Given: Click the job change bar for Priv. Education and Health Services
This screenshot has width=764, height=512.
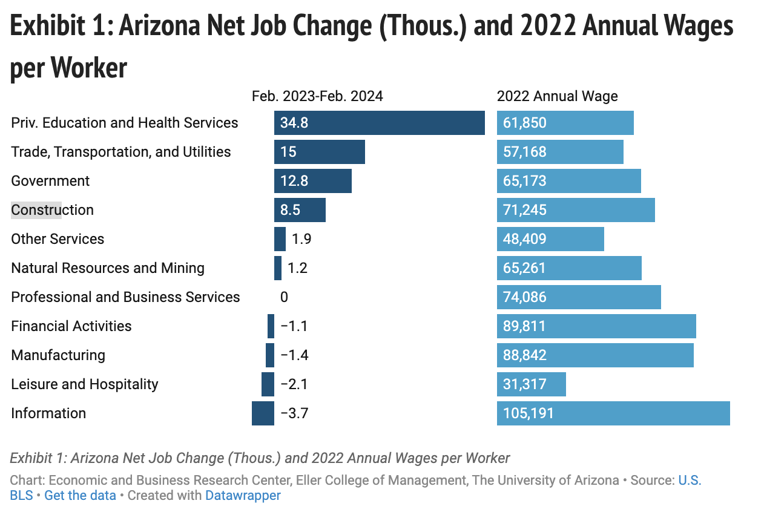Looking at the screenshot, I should tap(379, 123).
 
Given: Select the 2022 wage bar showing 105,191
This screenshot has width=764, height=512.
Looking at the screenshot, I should tap(613, 413).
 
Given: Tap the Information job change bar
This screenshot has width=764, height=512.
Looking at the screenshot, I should tap(263, 413).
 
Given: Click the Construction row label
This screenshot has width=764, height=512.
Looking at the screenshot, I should tap(53, 210).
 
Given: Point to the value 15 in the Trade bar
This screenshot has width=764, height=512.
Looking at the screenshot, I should tap(288, 152).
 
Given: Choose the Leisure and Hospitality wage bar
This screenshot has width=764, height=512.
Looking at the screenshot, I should tap(531, 384).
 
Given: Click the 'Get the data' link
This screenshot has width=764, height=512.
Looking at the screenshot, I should tap(80, 495).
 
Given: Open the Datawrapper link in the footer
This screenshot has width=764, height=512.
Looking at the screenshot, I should tap(243, 495).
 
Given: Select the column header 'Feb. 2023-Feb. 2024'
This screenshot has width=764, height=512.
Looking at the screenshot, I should tap(317, 96).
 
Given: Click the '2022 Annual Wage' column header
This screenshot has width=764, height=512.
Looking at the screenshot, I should tap(557, 96).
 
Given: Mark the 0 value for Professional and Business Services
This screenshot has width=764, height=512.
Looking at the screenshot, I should tap(284, 297).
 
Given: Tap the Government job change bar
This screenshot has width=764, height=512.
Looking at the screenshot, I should tap(312, 181).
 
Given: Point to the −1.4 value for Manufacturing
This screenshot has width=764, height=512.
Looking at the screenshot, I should tap(294, 355).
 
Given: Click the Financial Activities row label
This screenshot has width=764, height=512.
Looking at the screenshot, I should tap(71, 326).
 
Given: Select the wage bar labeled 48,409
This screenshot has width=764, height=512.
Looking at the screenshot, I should tap(550, 239).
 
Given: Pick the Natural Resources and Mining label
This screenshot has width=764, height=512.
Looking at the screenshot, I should tap(108, 268).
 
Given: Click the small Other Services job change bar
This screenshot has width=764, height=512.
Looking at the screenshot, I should tap(280, 239).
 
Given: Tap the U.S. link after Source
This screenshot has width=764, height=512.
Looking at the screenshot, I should tap(690, 481).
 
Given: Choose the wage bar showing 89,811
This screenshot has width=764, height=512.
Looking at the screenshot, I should tap(596, 326).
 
